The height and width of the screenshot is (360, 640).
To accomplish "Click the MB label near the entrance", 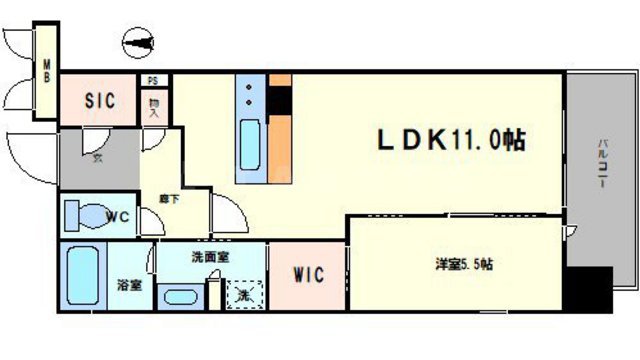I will click(46, 75).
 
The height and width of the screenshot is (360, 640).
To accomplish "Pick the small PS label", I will click(152, 81).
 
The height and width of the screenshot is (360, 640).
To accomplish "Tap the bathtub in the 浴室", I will click(79, 277).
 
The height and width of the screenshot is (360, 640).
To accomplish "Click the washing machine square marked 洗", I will click(242, 293).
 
